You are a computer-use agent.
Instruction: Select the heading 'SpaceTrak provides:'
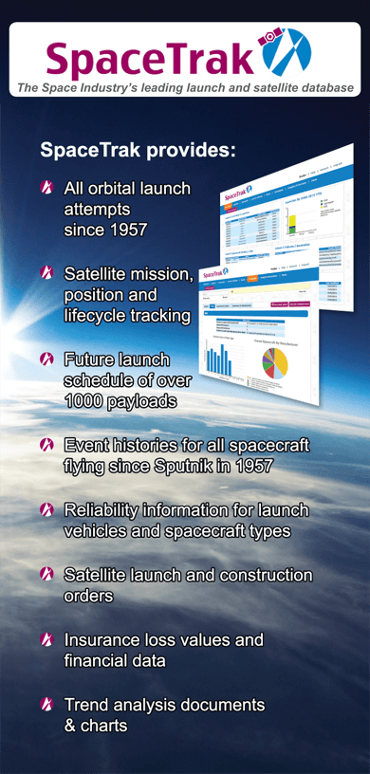tap(137, 151)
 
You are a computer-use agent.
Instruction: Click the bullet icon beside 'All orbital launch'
tap(47, 189)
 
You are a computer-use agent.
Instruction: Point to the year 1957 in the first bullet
tap(128, 230)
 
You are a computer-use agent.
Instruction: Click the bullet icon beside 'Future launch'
tap(47, 359)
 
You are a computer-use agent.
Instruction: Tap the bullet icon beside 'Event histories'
tap(47, 444)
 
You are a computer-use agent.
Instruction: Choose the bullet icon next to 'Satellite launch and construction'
tap(47, 576)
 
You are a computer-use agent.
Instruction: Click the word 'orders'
tap(89, 597)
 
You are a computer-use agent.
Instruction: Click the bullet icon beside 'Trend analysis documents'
tap(47, 705)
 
